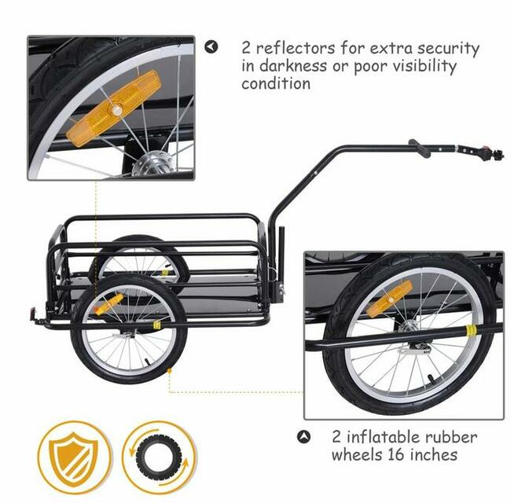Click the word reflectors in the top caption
pyautogui.click(x=296, y=48)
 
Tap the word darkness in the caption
pyautogui.click(x=293, y=65)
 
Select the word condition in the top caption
pyautogui.click(x=276, y=83)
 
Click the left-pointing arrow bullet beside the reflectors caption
pyautogui.click(x=211, y=47)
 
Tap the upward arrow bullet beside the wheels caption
pyautogui.click(x=303, y=437)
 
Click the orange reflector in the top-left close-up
pyautogui.click(x=114, y=108)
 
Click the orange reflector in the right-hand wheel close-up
pyautogui.click(x=389, y=299)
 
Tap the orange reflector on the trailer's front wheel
pyautogui.click(x=108, y=304)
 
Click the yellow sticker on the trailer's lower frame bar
pyautogui.click(x=157, y=324)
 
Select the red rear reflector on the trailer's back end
pyautogui.click(x=32, y=313)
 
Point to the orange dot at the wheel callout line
pyautogui.click(x=170, y=370)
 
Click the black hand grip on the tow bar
pyautogui.click(x=420, y=149)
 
